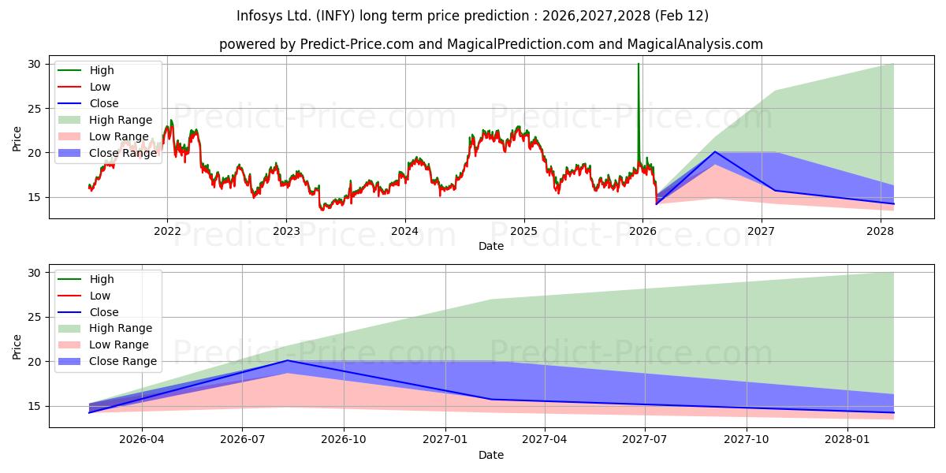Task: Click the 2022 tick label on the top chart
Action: tap(167, 231)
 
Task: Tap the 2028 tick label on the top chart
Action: tap(880, 231)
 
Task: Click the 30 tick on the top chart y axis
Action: tap(33, 64)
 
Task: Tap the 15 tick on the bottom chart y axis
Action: tap(33, 406)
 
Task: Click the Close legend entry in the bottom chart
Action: tap(103, 312)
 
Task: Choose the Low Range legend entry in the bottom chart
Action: tap(102, 345)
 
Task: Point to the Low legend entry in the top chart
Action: tap(99, 87)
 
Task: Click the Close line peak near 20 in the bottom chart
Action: tap(288, 360)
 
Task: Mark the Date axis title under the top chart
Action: tap(492, 246)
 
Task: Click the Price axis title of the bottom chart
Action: tap(17, 346)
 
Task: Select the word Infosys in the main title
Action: tap(260, 16)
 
